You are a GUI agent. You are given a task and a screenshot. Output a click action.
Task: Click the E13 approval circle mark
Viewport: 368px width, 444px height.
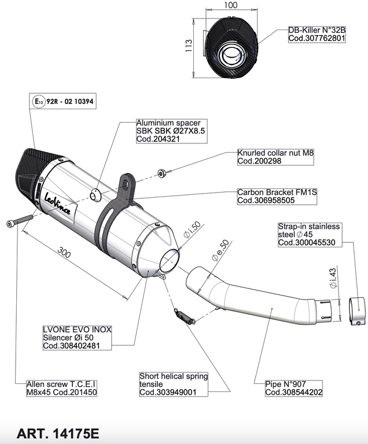click(x=38, y=102)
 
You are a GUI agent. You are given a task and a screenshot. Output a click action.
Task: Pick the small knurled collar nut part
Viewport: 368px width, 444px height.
click(x=163, y=172)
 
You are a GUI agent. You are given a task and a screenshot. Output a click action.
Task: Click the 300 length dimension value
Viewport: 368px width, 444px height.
click(x=65, y=253)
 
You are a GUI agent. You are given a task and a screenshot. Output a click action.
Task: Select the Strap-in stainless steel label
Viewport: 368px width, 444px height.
click(x=309, y=235)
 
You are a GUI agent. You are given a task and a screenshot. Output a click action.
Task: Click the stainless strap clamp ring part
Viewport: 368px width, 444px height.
click(x=358, y=312)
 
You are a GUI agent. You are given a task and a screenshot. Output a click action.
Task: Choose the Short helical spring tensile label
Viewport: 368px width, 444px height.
click(x=173, y=384)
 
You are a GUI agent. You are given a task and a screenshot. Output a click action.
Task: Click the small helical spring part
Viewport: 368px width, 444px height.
click(x=183, y=316)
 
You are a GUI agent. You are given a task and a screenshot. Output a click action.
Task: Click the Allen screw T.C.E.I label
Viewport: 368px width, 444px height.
click(x=61, y=388)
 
